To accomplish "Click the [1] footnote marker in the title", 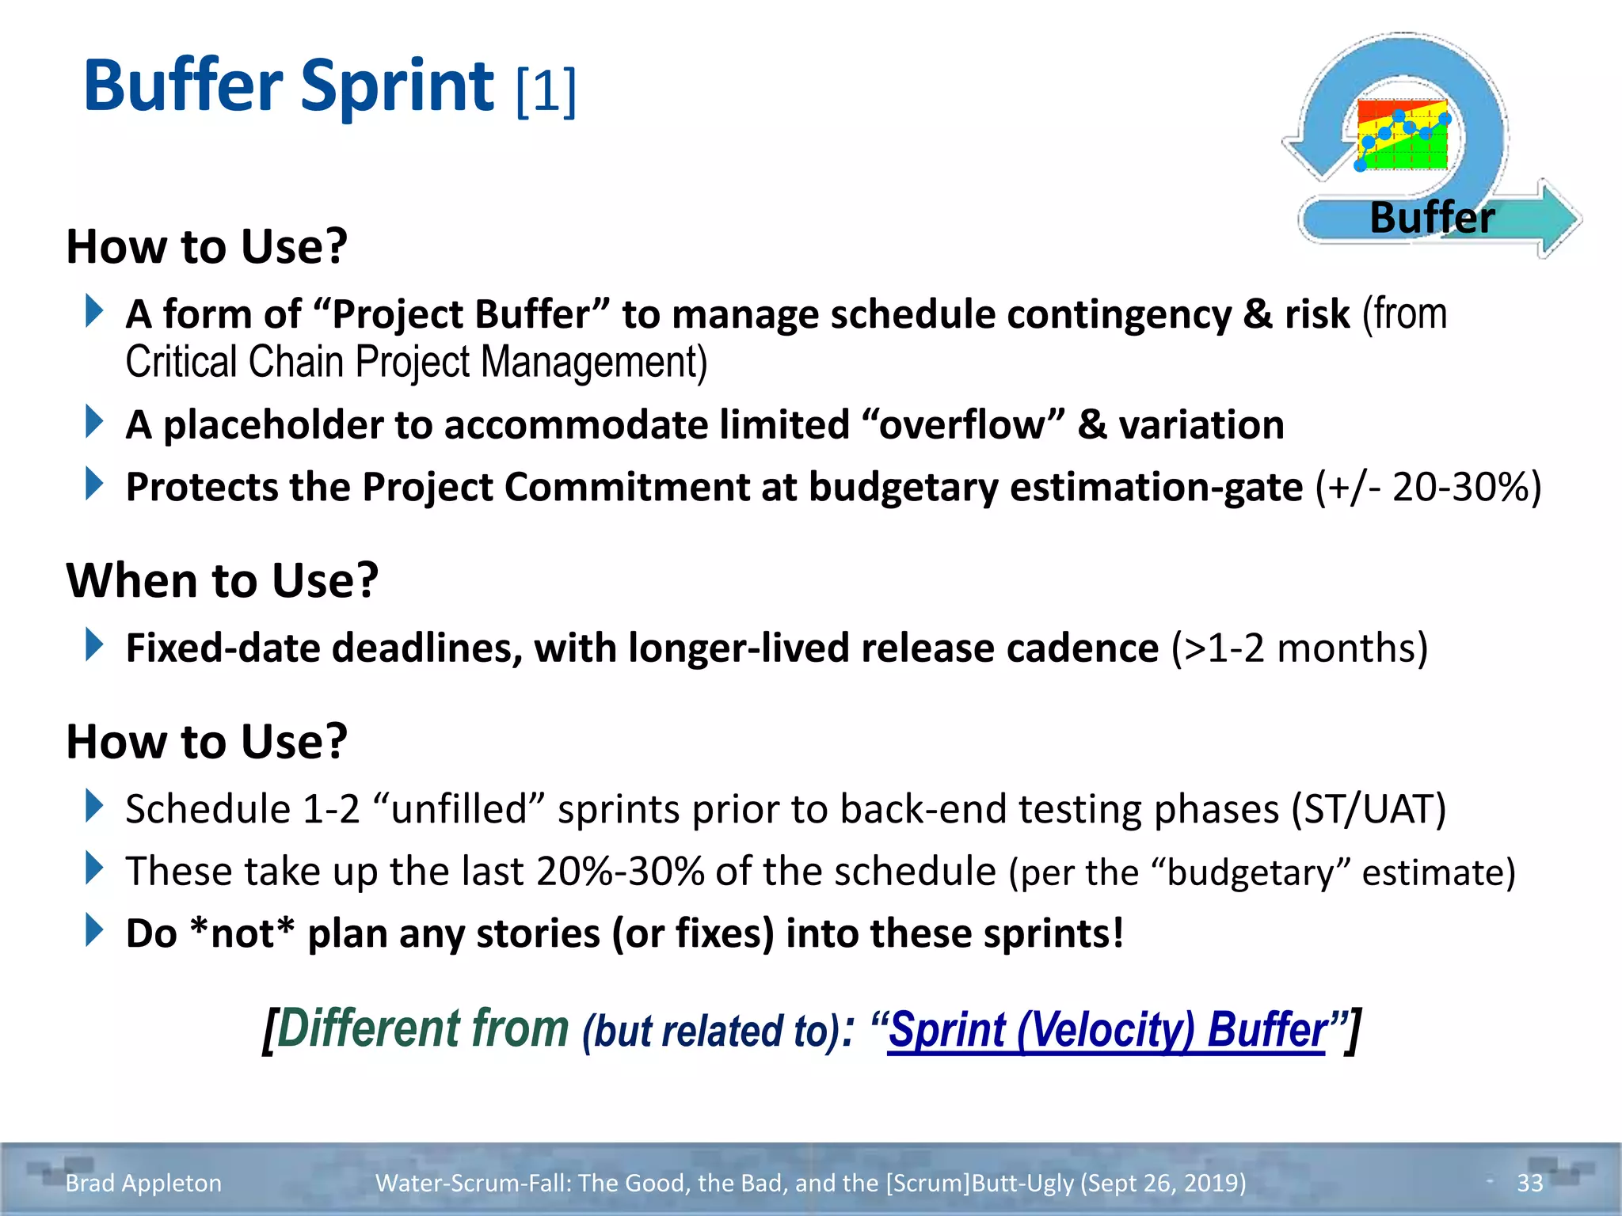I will click(x=546, y=91).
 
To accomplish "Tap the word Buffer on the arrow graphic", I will click(x=1432, y=218).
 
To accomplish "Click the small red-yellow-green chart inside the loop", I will click(x=1402, y=135).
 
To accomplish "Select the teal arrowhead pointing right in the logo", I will click(x=1556, y=218).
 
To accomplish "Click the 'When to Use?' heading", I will click(x=223, y=580).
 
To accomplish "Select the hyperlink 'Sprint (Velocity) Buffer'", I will click(x=1106, y=1030).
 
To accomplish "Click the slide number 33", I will click(x=1529, y=1183).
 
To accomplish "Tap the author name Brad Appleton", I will click(x=143, y=1183).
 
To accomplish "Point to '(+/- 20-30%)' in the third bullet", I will click(x=1428, y=487).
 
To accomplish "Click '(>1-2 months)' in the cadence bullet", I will click(x=1300, y=648).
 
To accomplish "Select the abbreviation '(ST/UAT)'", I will click(x=1369, y=809).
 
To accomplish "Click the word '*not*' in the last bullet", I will click(x=242, y=933).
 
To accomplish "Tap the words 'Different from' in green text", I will click(x=423, y=1028).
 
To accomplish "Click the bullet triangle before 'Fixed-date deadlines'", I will click(x=94, y=644).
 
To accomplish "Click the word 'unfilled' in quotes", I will click(x=459, y=809).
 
